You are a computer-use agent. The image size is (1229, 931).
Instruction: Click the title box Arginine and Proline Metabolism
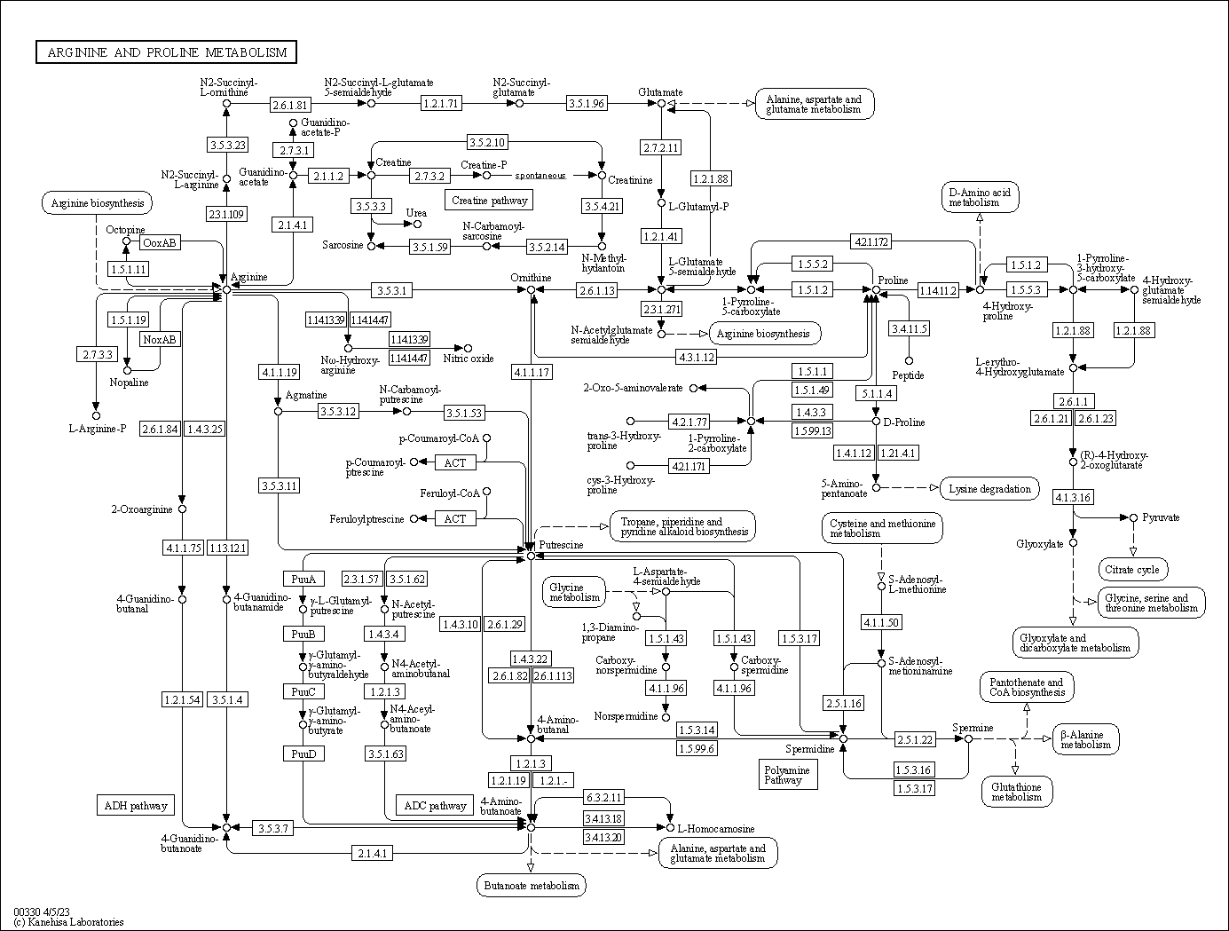tap(167, 52)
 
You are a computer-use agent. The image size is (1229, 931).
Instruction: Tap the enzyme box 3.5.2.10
tap(487, 142)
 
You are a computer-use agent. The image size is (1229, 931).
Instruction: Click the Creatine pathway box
tap(489, 201)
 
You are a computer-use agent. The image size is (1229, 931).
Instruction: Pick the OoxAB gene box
tap(160, 242)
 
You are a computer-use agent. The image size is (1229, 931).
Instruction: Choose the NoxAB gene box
tap(160, 339)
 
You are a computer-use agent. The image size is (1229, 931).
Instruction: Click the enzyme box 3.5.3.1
tap(391, 290)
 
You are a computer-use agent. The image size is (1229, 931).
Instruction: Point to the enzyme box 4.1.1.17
tap(531, 372)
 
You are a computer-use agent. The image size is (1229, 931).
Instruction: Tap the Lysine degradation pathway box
tap(990, 488)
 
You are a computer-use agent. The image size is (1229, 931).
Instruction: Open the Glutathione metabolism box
tap(1017, 791)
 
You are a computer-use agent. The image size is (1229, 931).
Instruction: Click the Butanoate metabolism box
tap(531, 885)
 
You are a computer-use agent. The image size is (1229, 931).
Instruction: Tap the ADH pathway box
tap(135, 806)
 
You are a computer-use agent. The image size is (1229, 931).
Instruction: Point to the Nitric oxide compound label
tap(469, 359)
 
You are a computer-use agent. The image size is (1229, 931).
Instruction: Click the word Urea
tap(415, 213)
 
